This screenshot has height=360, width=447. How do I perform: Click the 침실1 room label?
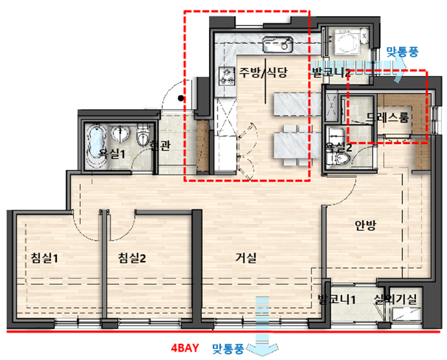(x=44, y=258)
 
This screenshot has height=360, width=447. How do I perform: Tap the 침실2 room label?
(x=132, y=258)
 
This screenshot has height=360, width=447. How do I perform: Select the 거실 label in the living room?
(x=246, y=258)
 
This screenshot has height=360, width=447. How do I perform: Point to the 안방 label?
(x=365, y=226)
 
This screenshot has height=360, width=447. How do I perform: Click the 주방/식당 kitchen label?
(x=263, y=72)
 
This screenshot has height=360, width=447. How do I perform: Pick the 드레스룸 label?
(x=388, y=117)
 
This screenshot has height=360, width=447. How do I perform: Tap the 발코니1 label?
(x=336, y=299)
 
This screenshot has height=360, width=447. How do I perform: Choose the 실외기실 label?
(x=396, y=299)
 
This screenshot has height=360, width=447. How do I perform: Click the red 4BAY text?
(x=185, y=348)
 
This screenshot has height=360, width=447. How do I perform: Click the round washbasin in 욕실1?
(x=120, y=133)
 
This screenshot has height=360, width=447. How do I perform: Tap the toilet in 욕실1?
(x=143, y=136)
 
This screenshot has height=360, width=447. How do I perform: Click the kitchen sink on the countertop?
(x=278, y=44)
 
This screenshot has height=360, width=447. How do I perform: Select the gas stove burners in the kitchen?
(x=226, y=76)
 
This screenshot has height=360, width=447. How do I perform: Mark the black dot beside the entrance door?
(x=180, y=98)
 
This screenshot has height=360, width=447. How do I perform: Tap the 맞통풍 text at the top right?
(x=402, y=52)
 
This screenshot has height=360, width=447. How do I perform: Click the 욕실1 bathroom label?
(x=112, y=154)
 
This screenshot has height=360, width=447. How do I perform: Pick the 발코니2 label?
(x=331, y=72)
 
